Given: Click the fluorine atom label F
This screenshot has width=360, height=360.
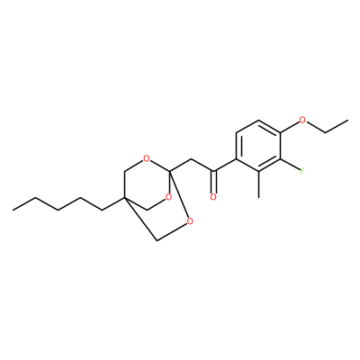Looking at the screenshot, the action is point(302,171).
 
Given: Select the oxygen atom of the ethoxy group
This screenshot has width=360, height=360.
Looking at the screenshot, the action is point(302,121).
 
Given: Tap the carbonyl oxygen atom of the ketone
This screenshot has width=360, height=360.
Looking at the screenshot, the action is point(213,197).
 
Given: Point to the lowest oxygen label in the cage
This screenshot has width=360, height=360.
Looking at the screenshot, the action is point(190,221).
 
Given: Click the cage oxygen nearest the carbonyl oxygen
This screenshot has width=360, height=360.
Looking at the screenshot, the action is point(168,197).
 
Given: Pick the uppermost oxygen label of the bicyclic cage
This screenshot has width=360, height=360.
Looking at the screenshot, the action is point(146,158).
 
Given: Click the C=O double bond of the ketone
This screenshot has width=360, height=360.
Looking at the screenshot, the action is point(213,182).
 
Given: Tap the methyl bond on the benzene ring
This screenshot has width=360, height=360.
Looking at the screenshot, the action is point(258,184).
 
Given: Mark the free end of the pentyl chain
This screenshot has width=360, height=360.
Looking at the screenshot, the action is point(13,210).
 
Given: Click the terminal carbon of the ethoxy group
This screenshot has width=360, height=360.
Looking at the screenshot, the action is point(347,121).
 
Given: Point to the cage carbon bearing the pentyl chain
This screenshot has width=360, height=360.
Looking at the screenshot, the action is point(124,197).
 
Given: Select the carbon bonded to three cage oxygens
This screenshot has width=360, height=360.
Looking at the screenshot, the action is point(169,171).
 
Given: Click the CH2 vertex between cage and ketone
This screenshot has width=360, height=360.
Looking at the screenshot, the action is point(191,158).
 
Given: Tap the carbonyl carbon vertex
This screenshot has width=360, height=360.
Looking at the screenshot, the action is point(213,171).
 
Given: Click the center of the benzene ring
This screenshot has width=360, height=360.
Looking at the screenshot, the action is point(258,146).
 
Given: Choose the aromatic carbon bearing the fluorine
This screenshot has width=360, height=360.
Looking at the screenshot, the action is point(281,159).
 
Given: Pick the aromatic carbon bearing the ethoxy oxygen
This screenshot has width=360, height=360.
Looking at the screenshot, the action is point(281,133).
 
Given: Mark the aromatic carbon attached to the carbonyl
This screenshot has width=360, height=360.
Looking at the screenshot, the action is point(236,159).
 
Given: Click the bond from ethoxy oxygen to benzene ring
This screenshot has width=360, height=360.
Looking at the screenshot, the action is point(290,128).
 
